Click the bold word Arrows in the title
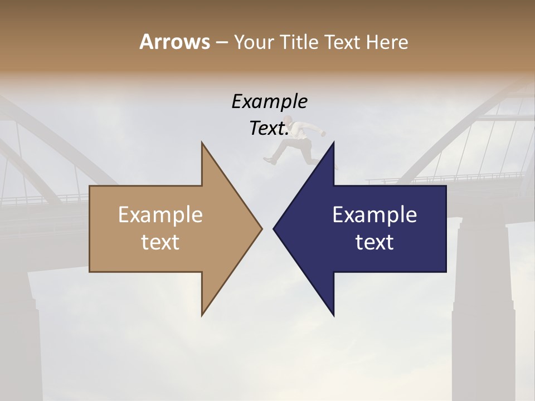point(174,42)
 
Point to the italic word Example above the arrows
point(269,101)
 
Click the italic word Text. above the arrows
point(269,128)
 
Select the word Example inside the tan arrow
point(160,215)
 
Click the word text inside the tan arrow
point(160,242)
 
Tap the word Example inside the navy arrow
point(374,215)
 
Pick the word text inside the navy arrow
point(374,242)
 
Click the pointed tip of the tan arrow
point(262,228)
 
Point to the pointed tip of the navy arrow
point(274,228)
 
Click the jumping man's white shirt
point(305,131)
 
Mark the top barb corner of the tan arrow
point(202,143)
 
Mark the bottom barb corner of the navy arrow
point(334,316)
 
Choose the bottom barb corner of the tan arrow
point(202,315)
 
